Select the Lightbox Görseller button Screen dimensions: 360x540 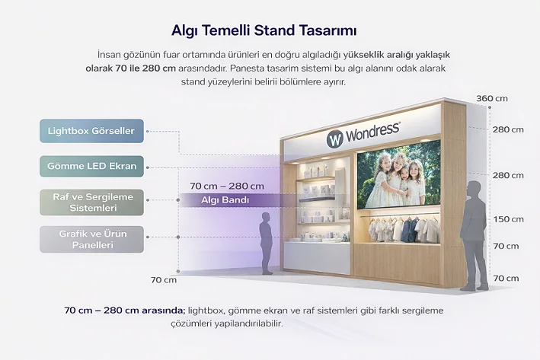(91, 131)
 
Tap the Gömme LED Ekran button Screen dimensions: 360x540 (91, 166)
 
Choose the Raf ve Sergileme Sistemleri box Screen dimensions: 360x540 (92, 202)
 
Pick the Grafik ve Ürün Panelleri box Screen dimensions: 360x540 (92, 239)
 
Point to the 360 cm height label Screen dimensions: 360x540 (491, 99)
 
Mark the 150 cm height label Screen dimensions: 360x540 (507, 219)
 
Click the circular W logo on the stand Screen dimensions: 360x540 (335, 139)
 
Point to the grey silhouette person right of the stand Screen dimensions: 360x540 (474, 234)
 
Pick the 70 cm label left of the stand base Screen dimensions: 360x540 (163, 280)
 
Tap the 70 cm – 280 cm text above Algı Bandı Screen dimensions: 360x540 (227, 186)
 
